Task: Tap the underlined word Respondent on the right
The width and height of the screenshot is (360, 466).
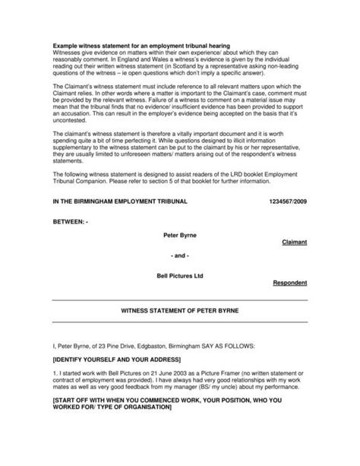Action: [x=289, y=283]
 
